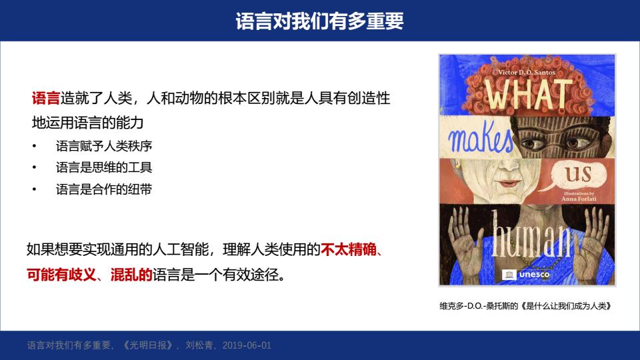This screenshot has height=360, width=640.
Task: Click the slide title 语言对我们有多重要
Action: (x=319, y=21)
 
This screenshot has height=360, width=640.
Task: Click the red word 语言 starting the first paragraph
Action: (x=46, y=98)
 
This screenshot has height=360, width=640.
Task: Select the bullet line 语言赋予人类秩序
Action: (x=104, y=146)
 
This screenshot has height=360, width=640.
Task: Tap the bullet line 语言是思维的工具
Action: (x=104, y=167)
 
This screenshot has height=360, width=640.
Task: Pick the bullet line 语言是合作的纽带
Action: (x=104, y=189)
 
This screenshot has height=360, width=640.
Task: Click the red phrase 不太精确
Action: (x=349, y=249)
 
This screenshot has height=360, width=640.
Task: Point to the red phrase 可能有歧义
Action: (x=61, y=275)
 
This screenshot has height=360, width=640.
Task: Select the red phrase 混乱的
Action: (x=131, y=275)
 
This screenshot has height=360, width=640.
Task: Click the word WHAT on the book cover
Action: (x=529, y=95)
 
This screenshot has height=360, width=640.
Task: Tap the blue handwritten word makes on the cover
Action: (x=481, y=137)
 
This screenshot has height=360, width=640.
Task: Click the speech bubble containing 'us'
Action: (x=577, y=175)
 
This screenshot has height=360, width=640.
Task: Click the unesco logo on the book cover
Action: (x=526, y=275)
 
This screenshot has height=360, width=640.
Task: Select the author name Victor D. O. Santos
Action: (x=527, y=72)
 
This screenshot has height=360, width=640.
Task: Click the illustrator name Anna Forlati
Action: (x=579, y=199)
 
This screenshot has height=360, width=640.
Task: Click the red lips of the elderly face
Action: (x=509, y=183)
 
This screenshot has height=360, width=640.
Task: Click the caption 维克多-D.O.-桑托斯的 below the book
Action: (x=479, y=306)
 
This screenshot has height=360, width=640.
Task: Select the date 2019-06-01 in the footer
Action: (x=247, y=345)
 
